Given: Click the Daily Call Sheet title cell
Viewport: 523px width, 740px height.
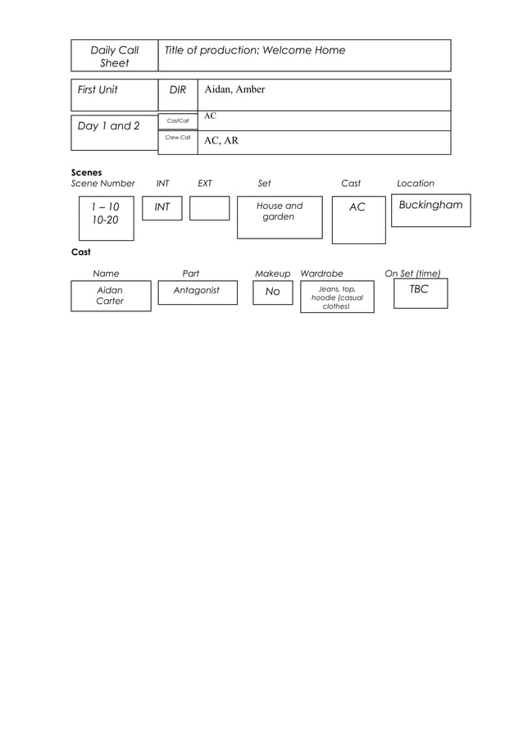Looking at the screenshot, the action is pos(115,56).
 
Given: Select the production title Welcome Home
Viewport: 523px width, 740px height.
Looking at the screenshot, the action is pos(303,50).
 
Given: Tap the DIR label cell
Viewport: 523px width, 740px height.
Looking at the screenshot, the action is pos(178,95).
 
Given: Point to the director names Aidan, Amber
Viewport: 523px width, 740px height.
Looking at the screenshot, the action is pos(234,89).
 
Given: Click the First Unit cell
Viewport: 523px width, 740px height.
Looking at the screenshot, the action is pos(115,95).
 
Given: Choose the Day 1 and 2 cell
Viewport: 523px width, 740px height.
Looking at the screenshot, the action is pos(115,133).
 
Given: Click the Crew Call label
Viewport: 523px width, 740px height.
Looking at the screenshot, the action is pos(178,138).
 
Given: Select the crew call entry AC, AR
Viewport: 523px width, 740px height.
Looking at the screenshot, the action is pos(221,140).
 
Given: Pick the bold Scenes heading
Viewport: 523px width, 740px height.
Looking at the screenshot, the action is pos(86,172).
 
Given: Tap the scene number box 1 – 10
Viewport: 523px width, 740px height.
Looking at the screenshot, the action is pos(107,218).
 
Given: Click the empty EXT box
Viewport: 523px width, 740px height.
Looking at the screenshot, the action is pos(210,208).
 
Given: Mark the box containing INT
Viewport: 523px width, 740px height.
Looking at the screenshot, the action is pos(162,208).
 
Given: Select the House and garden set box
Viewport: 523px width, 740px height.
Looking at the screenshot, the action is pos(280,217).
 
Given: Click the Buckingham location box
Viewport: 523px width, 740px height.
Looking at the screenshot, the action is pos(431,211).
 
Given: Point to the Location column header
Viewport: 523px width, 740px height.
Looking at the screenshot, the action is pos(416,183).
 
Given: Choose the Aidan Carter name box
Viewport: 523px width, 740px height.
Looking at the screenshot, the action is pos(111,296).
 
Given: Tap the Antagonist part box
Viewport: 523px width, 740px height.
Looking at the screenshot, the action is pos(198,293).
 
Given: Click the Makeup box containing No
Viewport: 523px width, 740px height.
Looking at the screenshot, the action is pos(273,293).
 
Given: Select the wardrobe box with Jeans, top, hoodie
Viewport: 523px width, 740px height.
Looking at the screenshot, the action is pos(337,297).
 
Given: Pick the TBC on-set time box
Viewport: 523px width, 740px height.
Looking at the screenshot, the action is pos(421,293).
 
